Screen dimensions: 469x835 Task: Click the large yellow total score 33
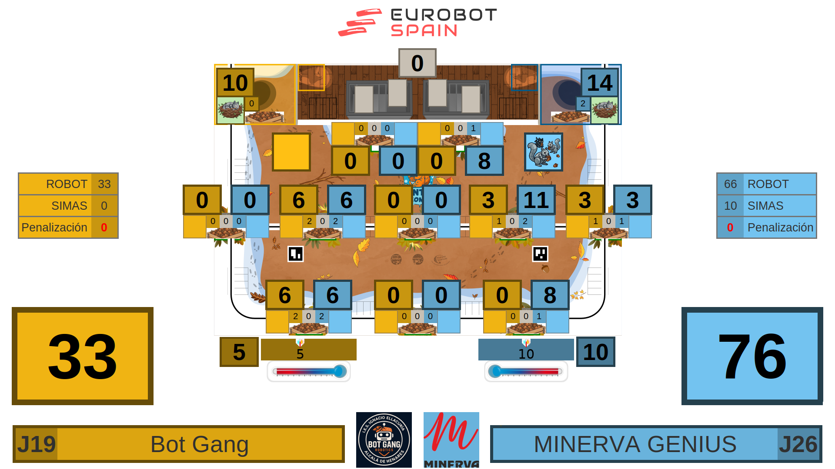(83, 356)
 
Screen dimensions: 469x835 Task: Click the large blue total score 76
(752, 356)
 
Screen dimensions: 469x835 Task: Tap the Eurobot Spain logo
(417, 23)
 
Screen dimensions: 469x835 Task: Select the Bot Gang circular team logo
(384, 439)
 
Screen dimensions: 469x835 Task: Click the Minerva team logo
(451, 439)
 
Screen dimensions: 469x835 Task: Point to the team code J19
(36, 444)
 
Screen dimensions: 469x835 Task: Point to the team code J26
(798, 444)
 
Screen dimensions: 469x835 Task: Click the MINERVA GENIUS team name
(635, 444)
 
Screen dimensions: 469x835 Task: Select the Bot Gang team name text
(200, 444)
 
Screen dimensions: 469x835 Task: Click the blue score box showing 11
(536, 200)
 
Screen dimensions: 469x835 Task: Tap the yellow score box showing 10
(235, 83)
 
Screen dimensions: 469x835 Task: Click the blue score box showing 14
(599, 83)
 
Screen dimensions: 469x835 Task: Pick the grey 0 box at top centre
(417, 63)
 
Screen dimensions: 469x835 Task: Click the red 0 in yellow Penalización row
(104, 228)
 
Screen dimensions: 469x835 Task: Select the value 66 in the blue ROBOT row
(730, 184)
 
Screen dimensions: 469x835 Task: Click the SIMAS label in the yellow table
(69, 206)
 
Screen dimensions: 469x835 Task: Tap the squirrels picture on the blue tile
(543, 152)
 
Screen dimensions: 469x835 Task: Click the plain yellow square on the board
(291, 152)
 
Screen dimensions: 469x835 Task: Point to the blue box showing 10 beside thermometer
(595, 352)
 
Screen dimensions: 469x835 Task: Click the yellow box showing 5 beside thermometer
(239, 352)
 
